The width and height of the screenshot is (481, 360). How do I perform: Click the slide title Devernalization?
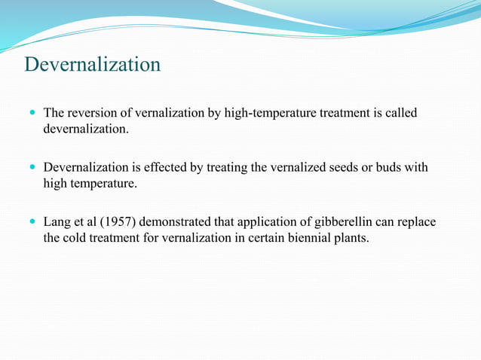[x=92, y=65]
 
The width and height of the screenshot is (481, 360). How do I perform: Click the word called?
[x=400, y=113]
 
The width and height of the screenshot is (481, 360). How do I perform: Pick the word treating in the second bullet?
[x=225, y=167]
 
